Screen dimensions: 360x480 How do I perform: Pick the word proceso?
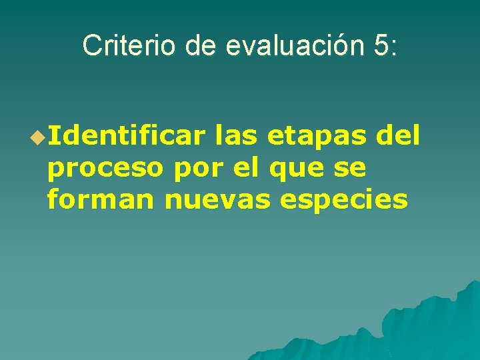[105, 169]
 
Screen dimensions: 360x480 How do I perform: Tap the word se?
[351, 169]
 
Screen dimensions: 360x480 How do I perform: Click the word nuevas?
[217, 199]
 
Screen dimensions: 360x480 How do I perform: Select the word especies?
[344, 201]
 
